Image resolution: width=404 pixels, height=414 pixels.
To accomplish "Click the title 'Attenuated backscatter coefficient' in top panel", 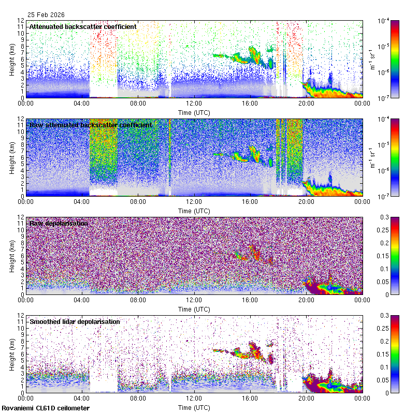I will (x=83, y=26).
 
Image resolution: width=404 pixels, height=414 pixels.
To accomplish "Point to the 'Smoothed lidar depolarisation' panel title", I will (x=75, y=321).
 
